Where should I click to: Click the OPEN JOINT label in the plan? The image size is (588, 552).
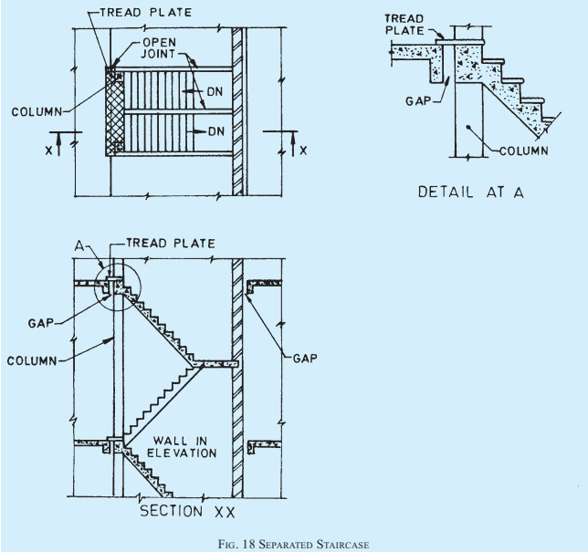click(159, 48)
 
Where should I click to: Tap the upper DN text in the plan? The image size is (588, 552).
click(215, 92)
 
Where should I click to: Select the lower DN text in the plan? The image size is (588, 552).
click(216, 131)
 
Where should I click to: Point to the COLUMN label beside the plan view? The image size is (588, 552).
click(37, 111)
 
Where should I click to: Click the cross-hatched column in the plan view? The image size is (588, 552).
click(115, 111)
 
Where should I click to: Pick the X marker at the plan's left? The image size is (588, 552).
click(48, 151)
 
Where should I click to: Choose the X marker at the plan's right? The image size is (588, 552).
click(303, 151)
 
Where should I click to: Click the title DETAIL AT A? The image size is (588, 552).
click(470, 192)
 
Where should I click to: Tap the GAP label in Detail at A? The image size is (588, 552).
click(418, 100)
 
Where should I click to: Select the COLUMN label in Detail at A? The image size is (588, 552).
click(524, 151)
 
